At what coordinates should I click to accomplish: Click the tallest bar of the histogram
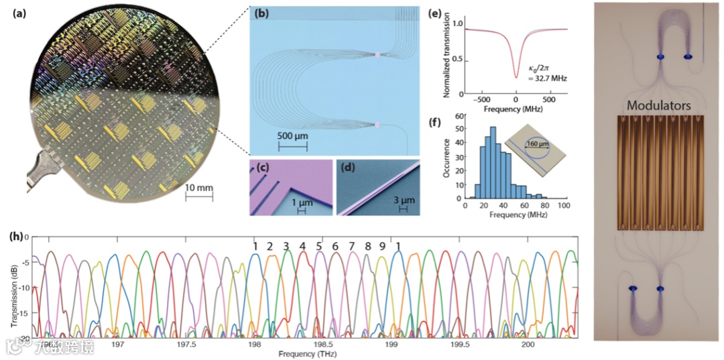pos(493,164)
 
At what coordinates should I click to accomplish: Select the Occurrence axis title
pos(448,158)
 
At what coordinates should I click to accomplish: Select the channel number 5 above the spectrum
pos(319,245)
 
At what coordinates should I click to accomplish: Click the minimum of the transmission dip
pos(516,78)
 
